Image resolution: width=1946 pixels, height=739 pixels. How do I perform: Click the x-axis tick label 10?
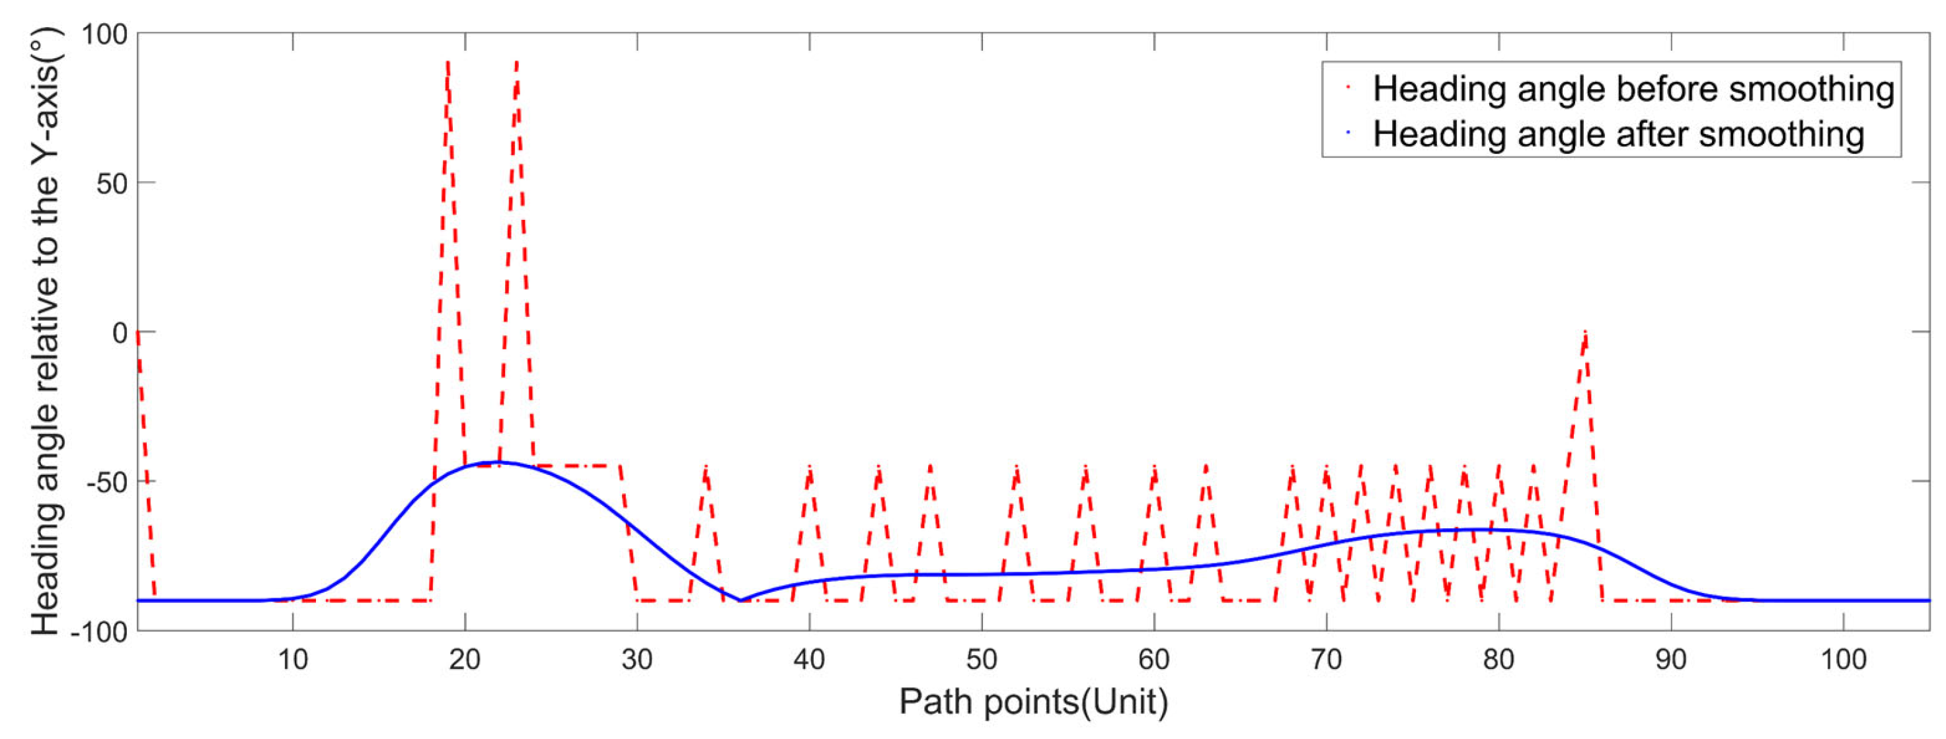click(x=292, y=660)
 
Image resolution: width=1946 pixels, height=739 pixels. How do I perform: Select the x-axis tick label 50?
click(x=982, y=660)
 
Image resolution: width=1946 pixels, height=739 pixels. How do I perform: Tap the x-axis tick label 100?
click(x=1844, y=660)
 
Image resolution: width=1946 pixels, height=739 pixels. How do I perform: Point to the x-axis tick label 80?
click(x=1498, y=660)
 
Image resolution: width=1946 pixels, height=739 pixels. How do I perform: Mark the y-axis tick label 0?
click(x=120, y=333)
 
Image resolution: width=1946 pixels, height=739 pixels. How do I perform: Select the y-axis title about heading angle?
click(x=46, y=332)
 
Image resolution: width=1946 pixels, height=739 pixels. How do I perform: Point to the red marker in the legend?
click(x=1348, y=88)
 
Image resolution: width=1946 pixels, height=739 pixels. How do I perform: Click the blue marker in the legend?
click(x=1348, y=133)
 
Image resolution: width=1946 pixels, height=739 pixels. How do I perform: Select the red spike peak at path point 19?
click(x=448, y=63)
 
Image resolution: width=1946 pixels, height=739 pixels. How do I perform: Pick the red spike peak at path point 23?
click(x=517, y=63)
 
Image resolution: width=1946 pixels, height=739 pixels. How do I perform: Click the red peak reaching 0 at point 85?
click(x=1585, y=333)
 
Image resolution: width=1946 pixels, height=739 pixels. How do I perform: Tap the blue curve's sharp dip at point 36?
click(x=740, y=600)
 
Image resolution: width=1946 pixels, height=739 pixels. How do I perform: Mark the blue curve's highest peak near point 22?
click(x=498, y=462)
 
